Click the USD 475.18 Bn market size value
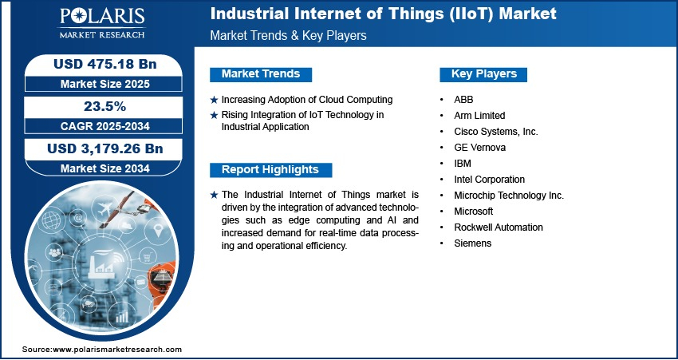tap(104, 64)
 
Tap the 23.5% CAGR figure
tap(104, 106)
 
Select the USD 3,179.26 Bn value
tap(104, 148)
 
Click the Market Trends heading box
tap(261, 74)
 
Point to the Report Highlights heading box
tap(270, 169)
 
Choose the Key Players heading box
tap(483, 74)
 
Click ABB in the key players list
tap(463, 100)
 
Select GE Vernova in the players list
tap(479, 148)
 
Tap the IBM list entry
tap(462, 164)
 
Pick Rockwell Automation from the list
tap(498, 227)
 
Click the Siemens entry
tap(473, 243)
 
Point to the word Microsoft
tap(474, 212)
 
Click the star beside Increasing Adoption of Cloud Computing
tap(214, 101)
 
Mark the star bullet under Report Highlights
tap(214, 195)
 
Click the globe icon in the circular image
tap(51, 220)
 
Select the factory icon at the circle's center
tap(101, 265)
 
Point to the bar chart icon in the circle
tap(122, 317)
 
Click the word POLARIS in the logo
tap(102, 17)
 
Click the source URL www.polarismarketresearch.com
tap(117, 349)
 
